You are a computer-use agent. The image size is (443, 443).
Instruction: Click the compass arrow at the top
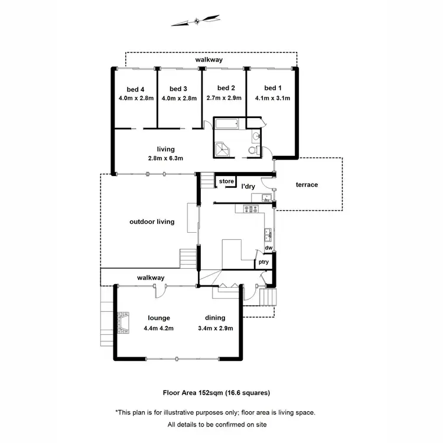tap(195, 22)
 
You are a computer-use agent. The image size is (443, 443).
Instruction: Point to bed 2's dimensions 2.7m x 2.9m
tap(223, 99)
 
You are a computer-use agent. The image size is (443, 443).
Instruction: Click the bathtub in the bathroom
tap(226, 125)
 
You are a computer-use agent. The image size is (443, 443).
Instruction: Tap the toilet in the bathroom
tap(252, 151)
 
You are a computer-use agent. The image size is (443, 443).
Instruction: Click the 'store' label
tap(226, 181)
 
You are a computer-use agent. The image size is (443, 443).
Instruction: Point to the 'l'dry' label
tap(249, 187)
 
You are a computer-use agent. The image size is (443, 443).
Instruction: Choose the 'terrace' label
tap(307, 185)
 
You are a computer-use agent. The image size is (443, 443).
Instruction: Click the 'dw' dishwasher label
tap(268, 248)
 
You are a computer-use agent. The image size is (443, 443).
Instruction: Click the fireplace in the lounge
tap(122, 324)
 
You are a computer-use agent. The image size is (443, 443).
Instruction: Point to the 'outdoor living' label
tap(152, 222)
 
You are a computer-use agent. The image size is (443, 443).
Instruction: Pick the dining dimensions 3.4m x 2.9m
tap(215, 328)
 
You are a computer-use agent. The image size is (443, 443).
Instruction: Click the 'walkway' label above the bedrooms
tap(210, 60)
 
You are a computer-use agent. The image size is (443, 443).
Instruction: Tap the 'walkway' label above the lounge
tap(151, 278)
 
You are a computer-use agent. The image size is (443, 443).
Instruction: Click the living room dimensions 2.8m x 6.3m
tap(166, 158)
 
